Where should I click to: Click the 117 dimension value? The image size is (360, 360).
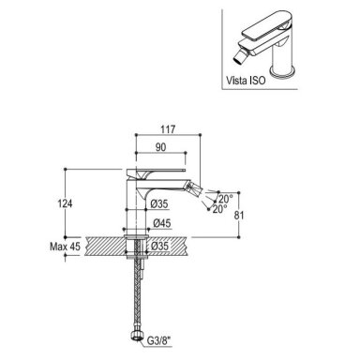169,129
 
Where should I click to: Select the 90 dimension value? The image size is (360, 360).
160,147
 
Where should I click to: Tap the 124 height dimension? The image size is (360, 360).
65,203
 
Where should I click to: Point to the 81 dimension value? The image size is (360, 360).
239,215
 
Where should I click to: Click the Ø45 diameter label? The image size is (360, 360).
162,223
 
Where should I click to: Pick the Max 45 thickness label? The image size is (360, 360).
65,247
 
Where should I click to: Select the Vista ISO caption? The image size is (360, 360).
246,81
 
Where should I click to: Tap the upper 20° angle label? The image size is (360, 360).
225,199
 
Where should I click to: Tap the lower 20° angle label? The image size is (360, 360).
219,209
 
